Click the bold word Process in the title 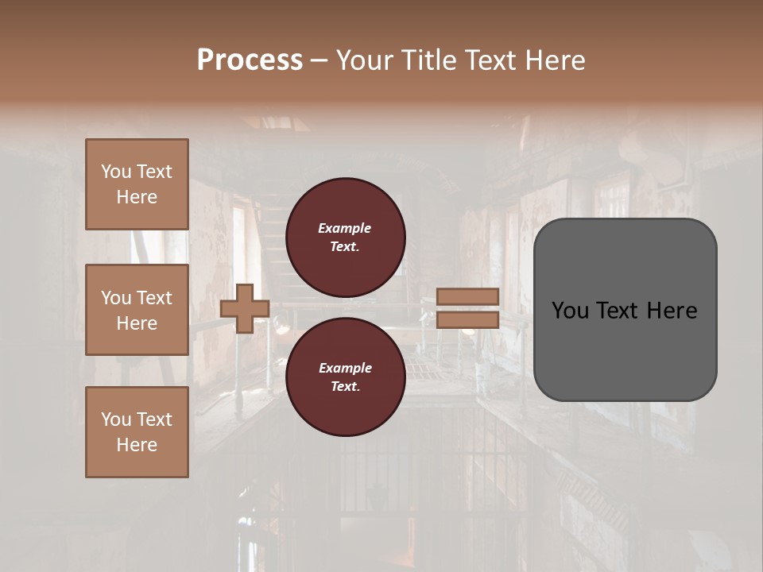[x=250, y=60]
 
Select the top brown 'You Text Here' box [x=137, y=184]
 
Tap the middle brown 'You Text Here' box [x=137, y=310]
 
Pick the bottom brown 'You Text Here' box [x=137, y=432]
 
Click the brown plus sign [x=245, y=307]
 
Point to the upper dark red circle [x=345, y=238]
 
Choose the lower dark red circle [x=345, y=377]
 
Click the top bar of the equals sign [x=467, y=296]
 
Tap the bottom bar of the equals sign [x=467, y=319]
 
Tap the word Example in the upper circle [x=344, y=228]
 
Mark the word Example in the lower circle [x=344, y=368]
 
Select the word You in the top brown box [x=115, y=172]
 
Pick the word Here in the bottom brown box [x=137, y=445]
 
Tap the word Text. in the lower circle [x=344, y=387]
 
